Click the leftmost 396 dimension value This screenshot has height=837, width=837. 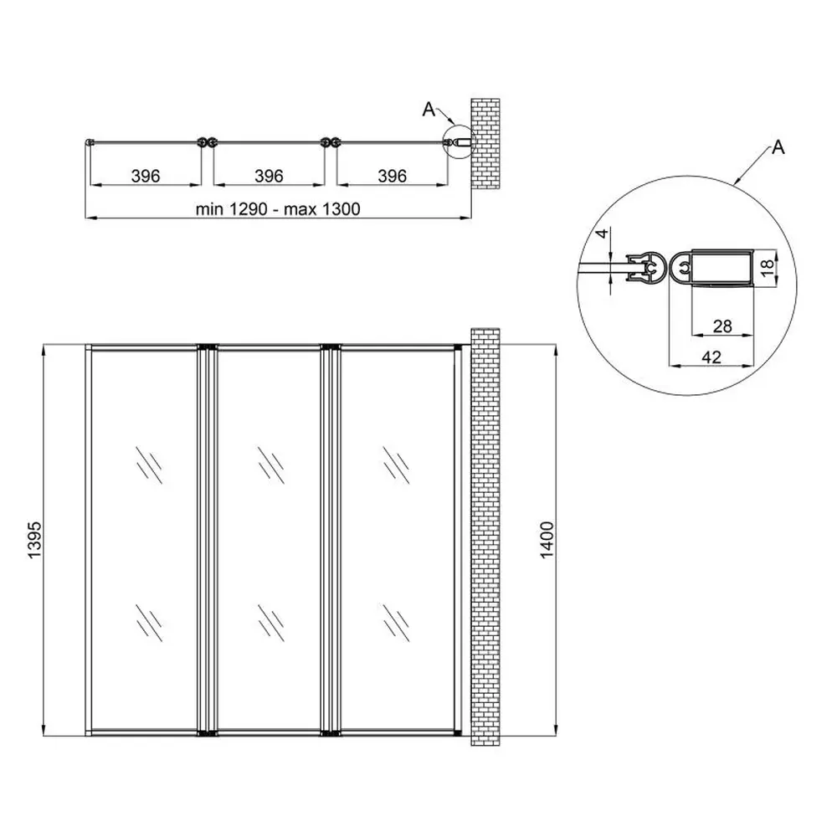point(146,176)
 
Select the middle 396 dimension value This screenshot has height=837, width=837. point(269,176)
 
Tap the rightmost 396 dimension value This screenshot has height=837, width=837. point(393,176)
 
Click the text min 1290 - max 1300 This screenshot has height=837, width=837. point(278,208)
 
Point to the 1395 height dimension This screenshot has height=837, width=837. point(34,540)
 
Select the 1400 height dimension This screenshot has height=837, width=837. point(547,540)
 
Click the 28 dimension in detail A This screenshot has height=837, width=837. point(722,326)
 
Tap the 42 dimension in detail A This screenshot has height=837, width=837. point(711,357)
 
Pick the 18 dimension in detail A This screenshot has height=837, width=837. point(767,267)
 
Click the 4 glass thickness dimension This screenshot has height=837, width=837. point(602,234)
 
